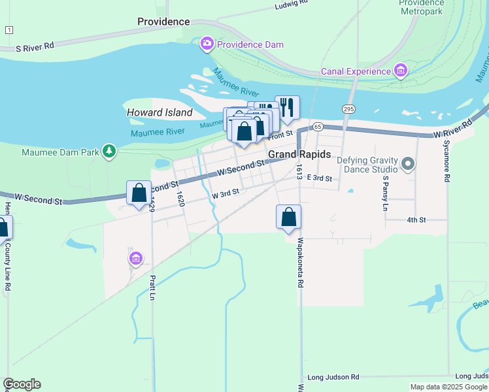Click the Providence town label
point(163,22)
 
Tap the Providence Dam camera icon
point(207,44)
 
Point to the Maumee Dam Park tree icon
point(109,152)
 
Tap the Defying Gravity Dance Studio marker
point(409,163)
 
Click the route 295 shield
point(348,108)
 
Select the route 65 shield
point(318,126)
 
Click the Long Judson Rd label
point(333,377)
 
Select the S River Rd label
point(35,47)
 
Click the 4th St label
point(416,220)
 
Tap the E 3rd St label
point(320,178)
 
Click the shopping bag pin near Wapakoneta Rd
point(288,217)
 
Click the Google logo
point(22,384)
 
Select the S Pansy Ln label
point(386,193)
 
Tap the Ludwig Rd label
point(291,3)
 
